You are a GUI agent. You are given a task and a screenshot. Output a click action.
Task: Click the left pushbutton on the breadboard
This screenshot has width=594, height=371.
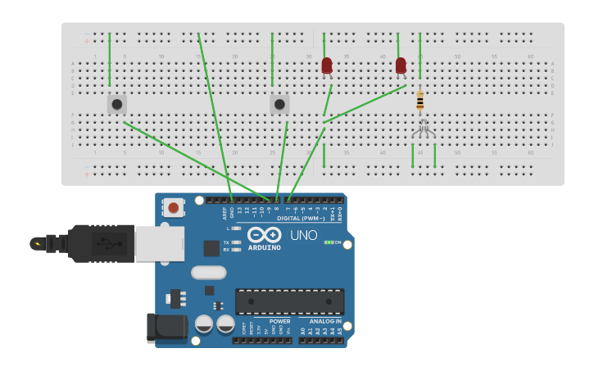(x=116, y=104)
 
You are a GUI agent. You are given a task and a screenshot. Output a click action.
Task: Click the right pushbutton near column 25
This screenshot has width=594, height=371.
(x=279, y=104)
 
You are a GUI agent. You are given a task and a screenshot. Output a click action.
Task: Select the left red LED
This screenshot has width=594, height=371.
(x=327, y=66)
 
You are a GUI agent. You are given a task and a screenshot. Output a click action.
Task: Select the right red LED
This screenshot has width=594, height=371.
(x=401, y=66)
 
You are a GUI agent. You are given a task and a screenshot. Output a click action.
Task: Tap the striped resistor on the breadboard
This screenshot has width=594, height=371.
(x=420, y=100)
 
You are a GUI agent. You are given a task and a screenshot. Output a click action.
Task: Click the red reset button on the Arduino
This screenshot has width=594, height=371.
(x=173, y=208)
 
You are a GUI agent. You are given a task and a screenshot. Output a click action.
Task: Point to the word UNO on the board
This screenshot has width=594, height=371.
(x=303, y=235)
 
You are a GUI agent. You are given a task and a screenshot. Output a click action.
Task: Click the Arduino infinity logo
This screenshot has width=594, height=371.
(x=264, y=234)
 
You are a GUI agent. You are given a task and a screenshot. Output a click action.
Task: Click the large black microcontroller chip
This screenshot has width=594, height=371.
(x=289, y=301)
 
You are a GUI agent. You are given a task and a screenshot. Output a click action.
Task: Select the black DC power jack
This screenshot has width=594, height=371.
(x=166, y=328)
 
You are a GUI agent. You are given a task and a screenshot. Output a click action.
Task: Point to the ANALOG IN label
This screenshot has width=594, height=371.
(x=325, y=321)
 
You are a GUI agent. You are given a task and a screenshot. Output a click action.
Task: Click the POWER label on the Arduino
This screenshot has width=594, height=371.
(x=279, y=321)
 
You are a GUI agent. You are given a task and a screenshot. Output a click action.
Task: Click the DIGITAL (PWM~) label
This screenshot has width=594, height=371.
(x=300, y=219)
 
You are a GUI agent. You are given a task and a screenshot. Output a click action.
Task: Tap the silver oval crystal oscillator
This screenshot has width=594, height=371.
(x=208, y=273)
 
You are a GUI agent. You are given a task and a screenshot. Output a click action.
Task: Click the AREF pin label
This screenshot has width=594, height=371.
(x=225, y=213)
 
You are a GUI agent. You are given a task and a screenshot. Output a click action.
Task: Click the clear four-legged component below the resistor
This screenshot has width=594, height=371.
(x=424, y=128)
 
